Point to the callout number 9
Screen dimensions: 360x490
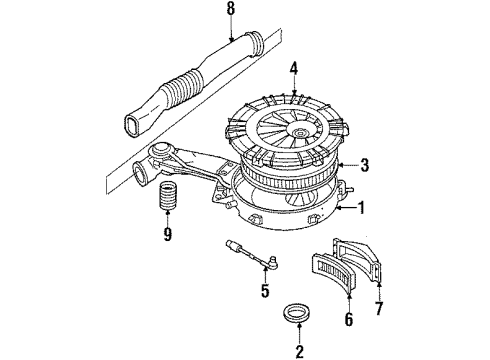point(167,237)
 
